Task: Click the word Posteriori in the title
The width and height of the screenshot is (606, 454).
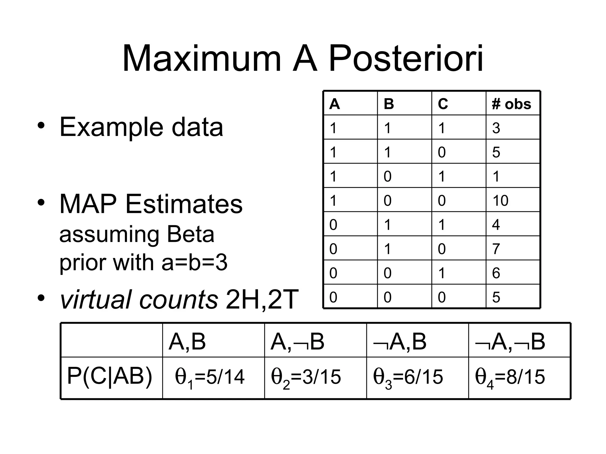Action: [x=406, y=58]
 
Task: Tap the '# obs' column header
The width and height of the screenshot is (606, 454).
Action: [x=511, y=104]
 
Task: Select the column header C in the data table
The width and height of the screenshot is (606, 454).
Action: [x=443, y=104]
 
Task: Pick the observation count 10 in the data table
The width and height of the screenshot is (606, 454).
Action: [x=500, y=200]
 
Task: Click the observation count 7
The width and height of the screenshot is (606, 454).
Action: [x=496, y=249]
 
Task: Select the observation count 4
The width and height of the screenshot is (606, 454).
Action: [x=496, y=225]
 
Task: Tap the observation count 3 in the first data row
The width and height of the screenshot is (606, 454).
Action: [x=496, y=128]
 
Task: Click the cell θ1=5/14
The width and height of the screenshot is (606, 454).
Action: [x=210, y=377]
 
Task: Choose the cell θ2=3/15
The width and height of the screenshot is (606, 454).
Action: [x=306, y=377]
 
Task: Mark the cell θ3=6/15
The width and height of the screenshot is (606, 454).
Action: [x=408, y=377]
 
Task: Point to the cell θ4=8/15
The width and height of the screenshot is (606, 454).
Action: [x=510, y=377]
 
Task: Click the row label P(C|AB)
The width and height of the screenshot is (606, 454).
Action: [x=110, y=376]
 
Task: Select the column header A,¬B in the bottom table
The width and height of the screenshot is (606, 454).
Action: [x=297, y=342]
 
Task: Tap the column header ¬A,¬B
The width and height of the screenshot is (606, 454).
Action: [x=510, y=342]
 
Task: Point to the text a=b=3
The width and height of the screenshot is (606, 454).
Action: [x=194, y=262]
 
